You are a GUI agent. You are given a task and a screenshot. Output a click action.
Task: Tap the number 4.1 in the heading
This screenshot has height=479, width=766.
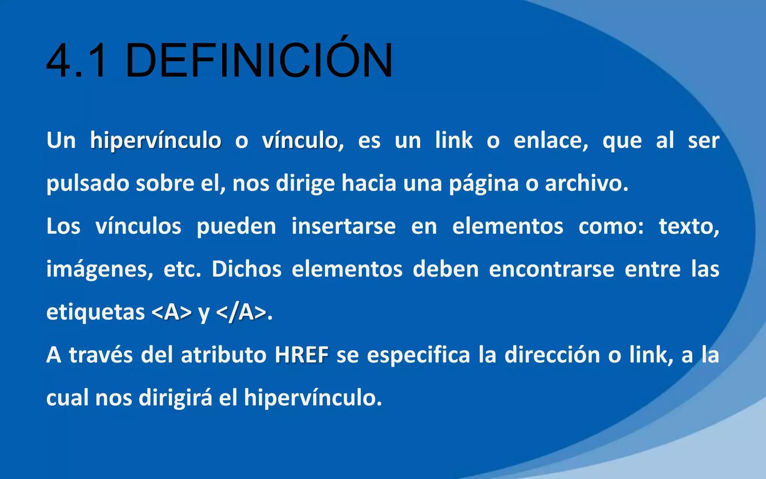[77, 61]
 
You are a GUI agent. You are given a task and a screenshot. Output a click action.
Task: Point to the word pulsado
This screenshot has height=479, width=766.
[88, 184]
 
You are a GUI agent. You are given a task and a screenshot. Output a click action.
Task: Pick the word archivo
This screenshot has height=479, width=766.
[586, 184]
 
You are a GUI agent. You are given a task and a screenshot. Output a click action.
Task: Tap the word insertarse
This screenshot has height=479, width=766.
[343, 226]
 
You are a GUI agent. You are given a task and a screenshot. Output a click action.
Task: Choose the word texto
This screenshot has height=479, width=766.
[689, 226]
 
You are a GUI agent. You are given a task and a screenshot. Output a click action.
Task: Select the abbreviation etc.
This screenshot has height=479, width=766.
[182, 269]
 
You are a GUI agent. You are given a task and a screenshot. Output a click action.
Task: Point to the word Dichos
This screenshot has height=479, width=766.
[246, 269]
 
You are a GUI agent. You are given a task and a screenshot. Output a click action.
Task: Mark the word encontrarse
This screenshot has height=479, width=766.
[551, 269]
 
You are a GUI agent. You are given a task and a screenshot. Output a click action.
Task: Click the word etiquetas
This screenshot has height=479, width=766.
[95, 312]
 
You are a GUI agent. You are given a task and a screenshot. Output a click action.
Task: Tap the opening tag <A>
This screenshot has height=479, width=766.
[172, 312]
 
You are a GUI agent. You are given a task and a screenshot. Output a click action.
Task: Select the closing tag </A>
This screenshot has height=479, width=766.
[241, 312]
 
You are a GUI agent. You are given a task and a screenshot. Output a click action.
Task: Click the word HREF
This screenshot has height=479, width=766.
[301, 355]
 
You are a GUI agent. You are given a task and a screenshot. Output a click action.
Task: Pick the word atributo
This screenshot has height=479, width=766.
[223, 355]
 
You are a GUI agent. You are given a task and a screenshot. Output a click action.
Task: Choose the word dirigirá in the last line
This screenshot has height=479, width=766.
[175, 397]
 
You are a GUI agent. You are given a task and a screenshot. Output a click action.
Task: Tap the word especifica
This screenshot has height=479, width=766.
[418, 355]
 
